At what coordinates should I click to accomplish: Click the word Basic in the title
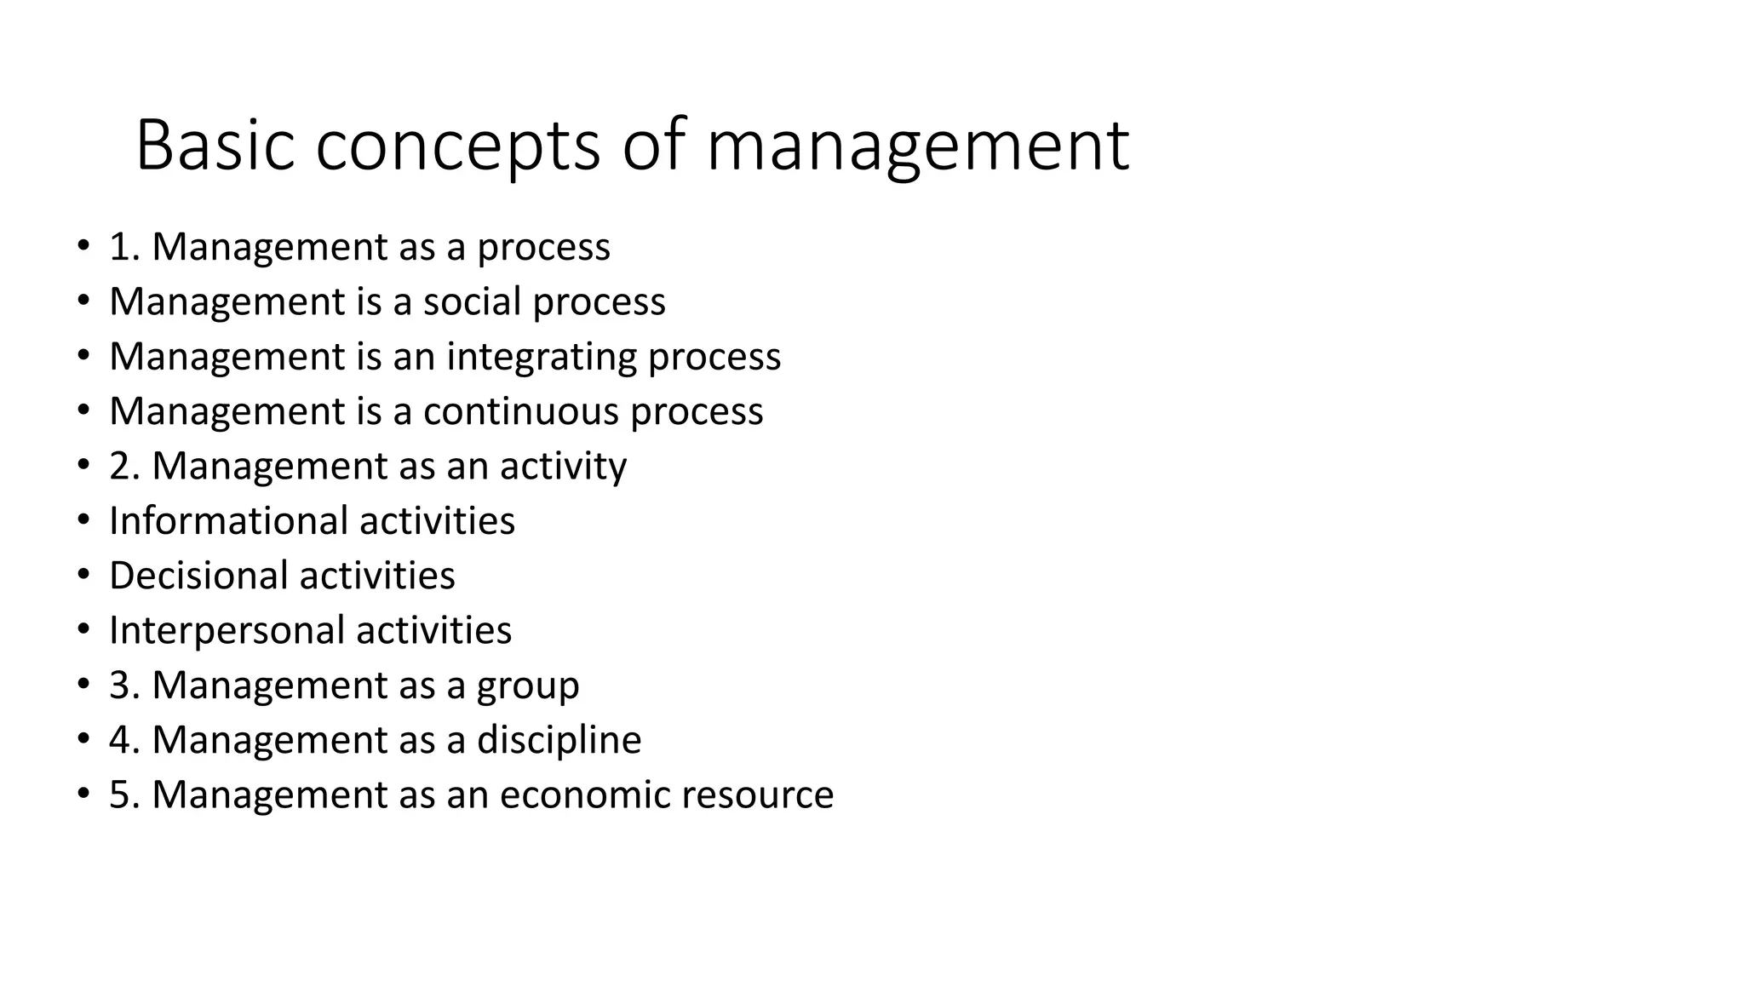tap(215, 145)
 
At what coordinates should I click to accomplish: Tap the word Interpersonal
tap(227, 630)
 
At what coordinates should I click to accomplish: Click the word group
tap(528, 686)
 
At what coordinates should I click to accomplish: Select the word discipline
tap(559, 740)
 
